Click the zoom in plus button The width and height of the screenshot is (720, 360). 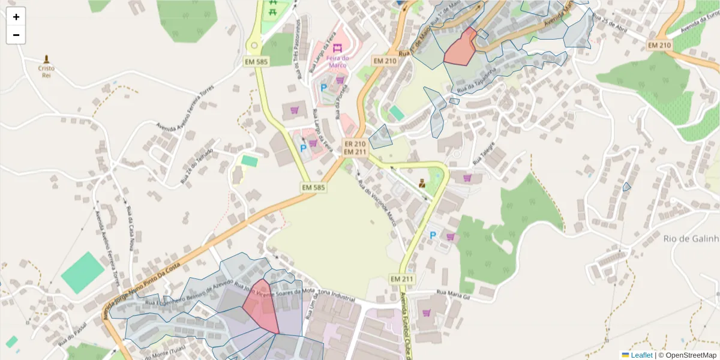point(16,17)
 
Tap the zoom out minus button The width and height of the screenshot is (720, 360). point(16,35)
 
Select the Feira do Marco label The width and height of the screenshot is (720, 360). point(337,61)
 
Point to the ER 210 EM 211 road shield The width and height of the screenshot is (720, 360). point(355,148)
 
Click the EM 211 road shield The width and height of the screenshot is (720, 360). point(402,279)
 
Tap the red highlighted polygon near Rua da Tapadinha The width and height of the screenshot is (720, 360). point(460,48)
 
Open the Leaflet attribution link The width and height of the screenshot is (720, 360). point(641,355)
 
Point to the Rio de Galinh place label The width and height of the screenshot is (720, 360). point(691,239)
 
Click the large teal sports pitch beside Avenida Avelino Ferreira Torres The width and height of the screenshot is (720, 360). point(82,272)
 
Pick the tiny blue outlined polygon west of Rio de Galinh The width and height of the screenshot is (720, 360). point(626,187)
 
